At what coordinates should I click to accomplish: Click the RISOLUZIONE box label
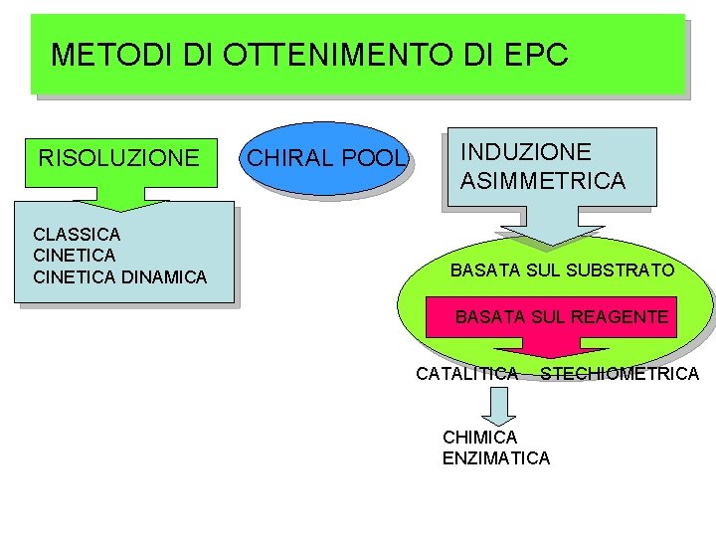coord(118,158)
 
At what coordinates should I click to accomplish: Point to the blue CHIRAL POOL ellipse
coord(326,158)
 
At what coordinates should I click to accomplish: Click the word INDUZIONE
coord(525,152)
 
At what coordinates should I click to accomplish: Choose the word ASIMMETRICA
coord(542,181)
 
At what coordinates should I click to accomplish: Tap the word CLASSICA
coord(77,235)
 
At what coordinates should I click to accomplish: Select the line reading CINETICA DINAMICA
coord(119,277)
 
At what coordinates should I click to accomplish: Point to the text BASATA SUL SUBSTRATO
coord(562,270)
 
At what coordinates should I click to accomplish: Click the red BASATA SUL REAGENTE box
coord(562,317)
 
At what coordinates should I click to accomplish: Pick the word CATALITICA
coord(466,374)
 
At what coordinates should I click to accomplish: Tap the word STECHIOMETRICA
coord(620,374)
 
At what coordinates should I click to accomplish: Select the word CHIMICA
coord(479,438)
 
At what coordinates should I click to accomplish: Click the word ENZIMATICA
coord(495,458)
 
